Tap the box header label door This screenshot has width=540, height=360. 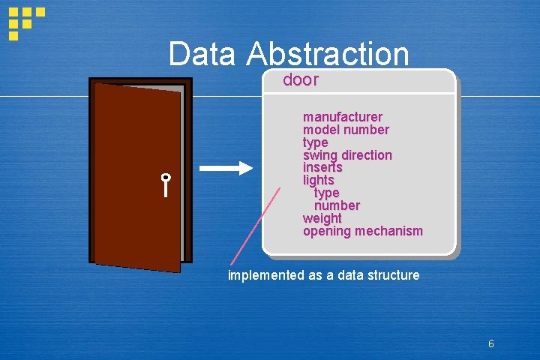pyautogui.click(x=301, y=80)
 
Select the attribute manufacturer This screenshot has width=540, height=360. pyautogui.click(x=342, y=117)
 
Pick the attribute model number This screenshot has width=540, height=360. pyautogui.click(x=346, y=130)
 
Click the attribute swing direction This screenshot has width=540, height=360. pyautogui.click(x=347, y=155)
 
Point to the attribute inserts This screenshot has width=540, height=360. pyautogui.click(x=322, y=168)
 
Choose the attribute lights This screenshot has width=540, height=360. pyautogui.click(x=318, y=180)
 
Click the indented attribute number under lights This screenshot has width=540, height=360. pyautogui.click(x=337, y=205)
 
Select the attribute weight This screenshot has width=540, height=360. pyautogui.click(x=322, y=218)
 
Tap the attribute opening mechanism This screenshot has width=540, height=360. pyautogui.click(x=362, y=231)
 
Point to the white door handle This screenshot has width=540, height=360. pyautogui.click(x=165, y=184)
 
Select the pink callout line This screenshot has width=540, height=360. pyautogui.click(x=255, y=225)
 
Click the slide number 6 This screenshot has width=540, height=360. pyautogui.click(x=490, y=344)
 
